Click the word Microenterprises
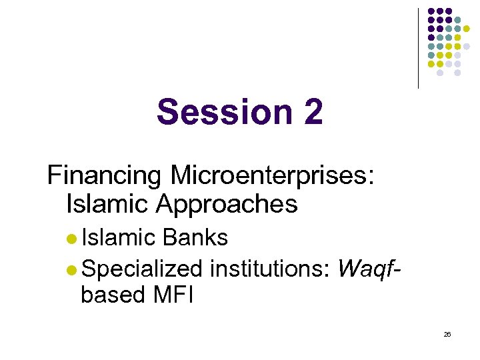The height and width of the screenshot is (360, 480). tap(272, 176)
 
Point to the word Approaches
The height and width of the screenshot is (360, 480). tap(227, 204)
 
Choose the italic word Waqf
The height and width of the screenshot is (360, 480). tap(369, 269)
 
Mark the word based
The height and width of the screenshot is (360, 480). tap(110, 294)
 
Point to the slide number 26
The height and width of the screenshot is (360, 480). tap(447, 334)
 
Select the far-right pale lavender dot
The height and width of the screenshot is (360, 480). tap(467, 47)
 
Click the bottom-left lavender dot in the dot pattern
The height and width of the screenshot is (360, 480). tap(440, 73)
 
